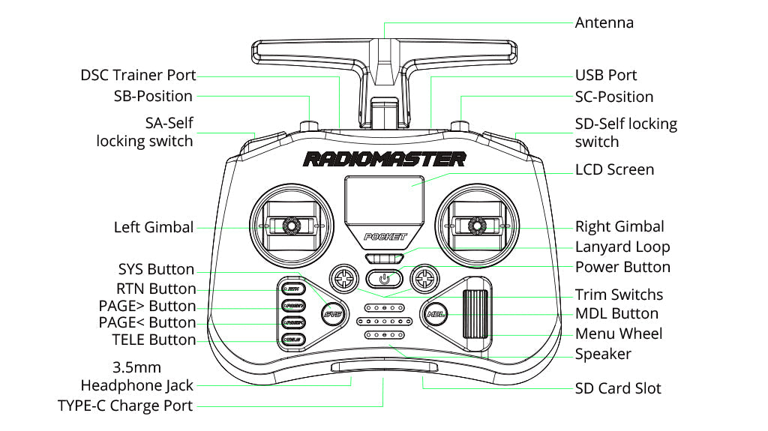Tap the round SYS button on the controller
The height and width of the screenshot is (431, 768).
click(331, 314)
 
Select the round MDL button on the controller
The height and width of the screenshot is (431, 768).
click(436, 314)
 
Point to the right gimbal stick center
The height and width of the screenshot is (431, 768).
click(476, 225)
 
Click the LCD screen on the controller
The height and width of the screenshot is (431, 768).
click(384, 198)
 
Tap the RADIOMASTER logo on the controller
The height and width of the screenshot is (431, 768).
click(384, 159)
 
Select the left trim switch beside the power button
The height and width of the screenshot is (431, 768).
click(344, 279)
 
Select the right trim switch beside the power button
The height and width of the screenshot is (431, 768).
click(424, 279)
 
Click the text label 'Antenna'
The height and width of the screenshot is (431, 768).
click(604, 22)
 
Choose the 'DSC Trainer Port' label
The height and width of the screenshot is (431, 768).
click(138, 75)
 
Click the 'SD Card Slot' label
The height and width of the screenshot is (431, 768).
click(618, 388)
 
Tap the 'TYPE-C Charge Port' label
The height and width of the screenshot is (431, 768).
click(125, 406)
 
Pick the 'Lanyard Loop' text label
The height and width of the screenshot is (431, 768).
click(622, 247)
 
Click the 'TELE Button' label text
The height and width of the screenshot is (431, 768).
click(154, 340)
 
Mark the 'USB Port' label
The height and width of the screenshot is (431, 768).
click(605, 75)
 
